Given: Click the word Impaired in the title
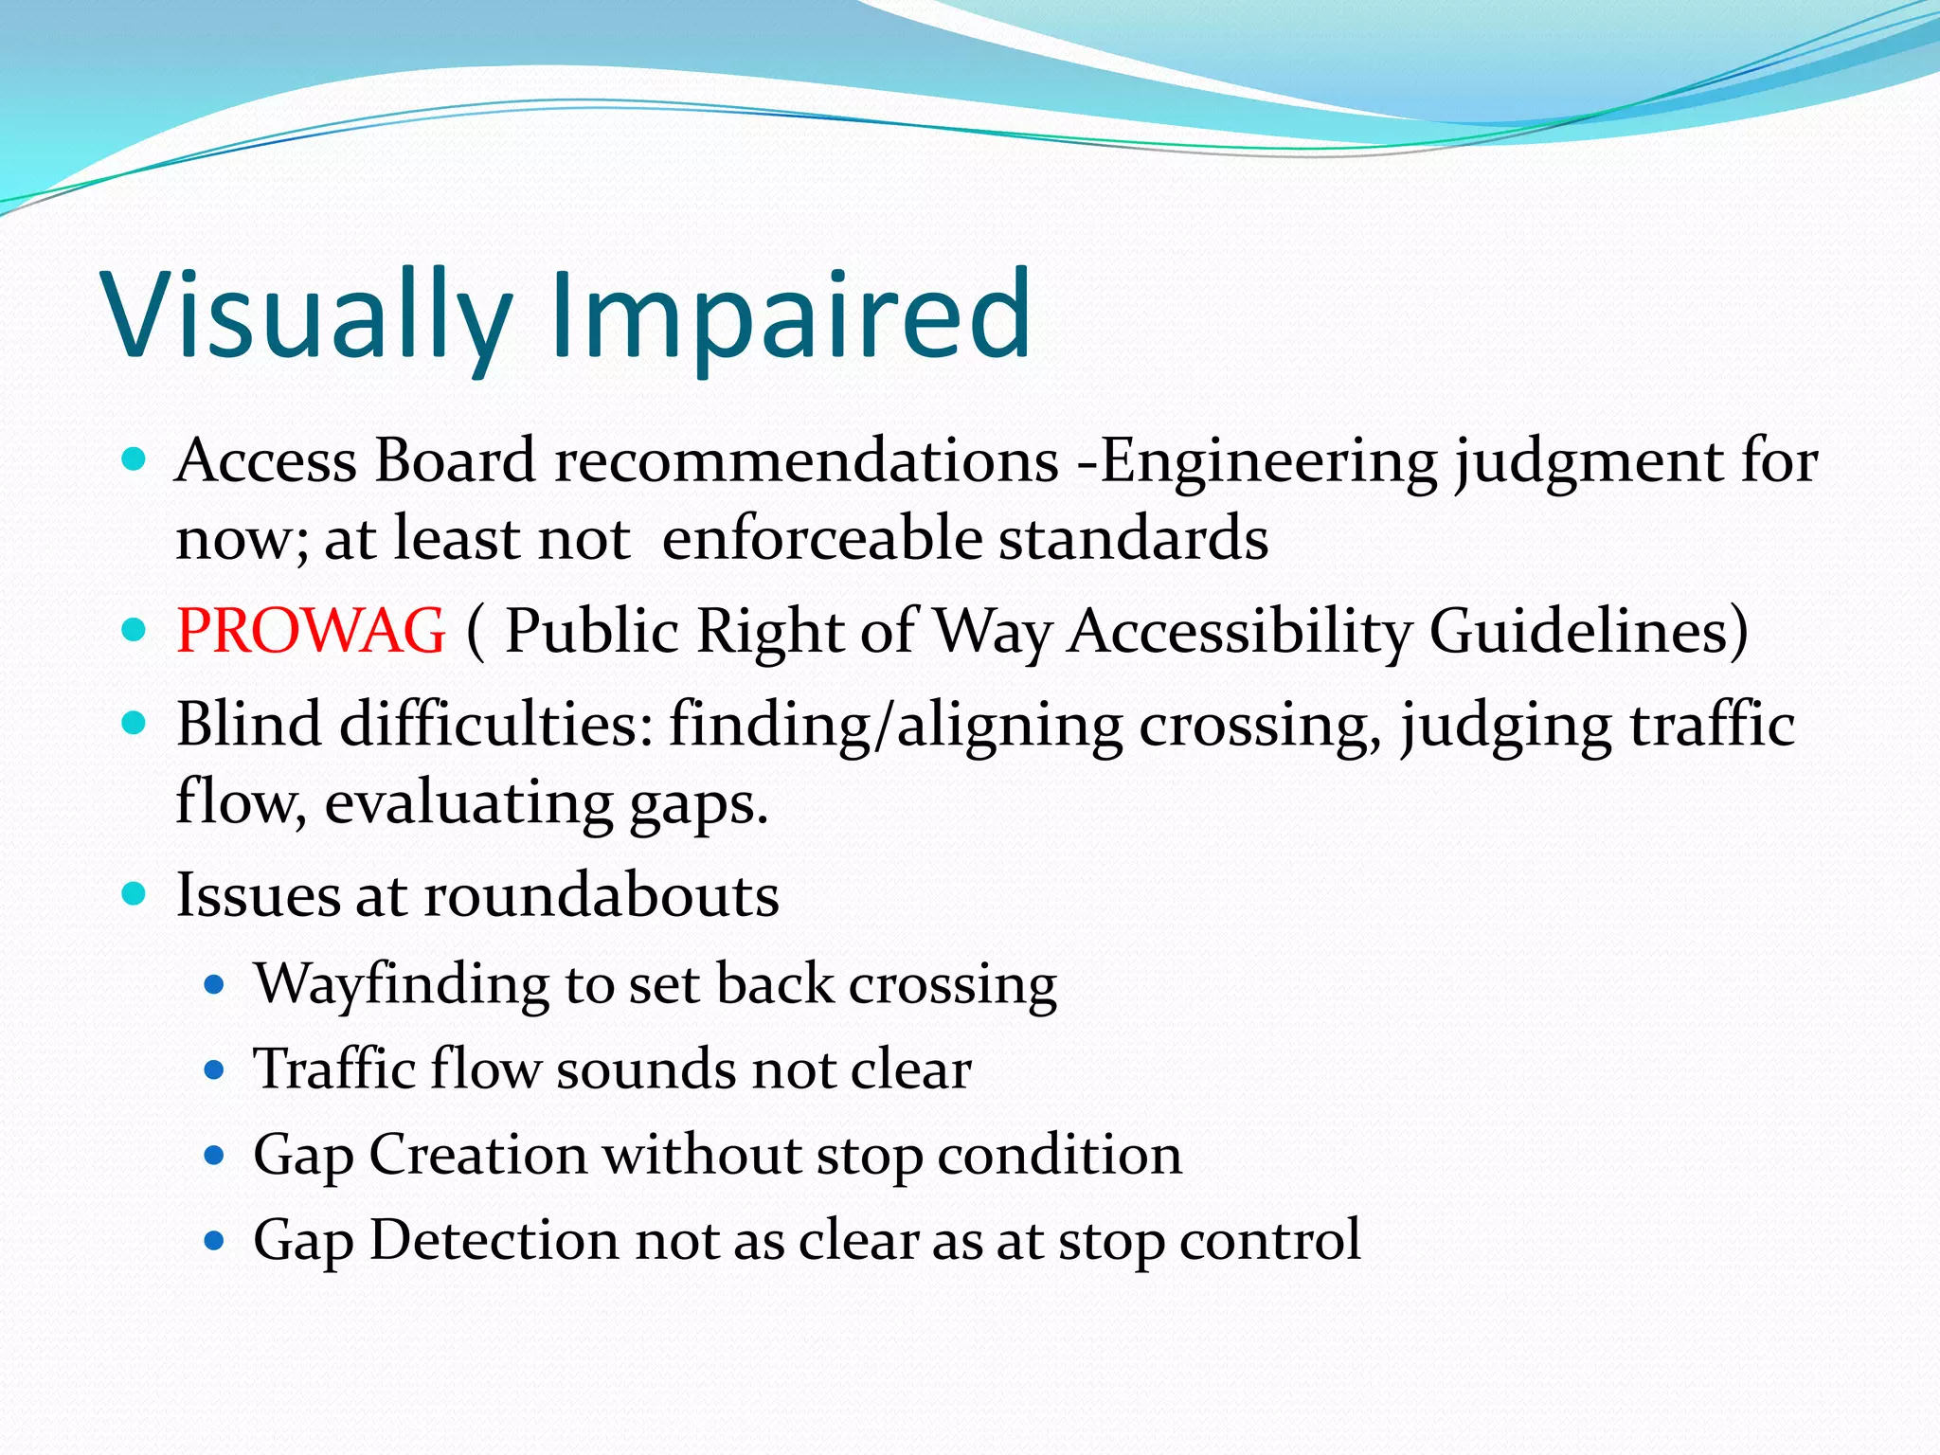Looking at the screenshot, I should tap(791, 314).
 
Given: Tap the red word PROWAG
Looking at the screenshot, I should tap(311, 631).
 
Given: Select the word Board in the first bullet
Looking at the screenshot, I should tap(455, 461).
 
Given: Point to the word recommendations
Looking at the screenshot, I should tap(806, 461).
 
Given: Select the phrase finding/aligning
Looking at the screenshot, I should tap(896, 725).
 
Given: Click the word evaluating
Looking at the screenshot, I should tap(469, 802).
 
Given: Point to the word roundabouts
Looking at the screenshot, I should tap(602, 895).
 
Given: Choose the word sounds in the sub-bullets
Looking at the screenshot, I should tap(645, 1069).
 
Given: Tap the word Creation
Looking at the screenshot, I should tap(477, 1155).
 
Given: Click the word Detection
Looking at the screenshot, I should tap(494, 1240).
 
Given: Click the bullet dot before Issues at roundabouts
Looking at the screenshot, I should tap(135, 893).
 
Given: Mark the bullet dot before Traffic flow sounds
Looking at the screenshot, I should tap(214, 1071).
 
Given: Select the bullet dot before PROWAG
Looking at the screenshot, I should tap(135, 629).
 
